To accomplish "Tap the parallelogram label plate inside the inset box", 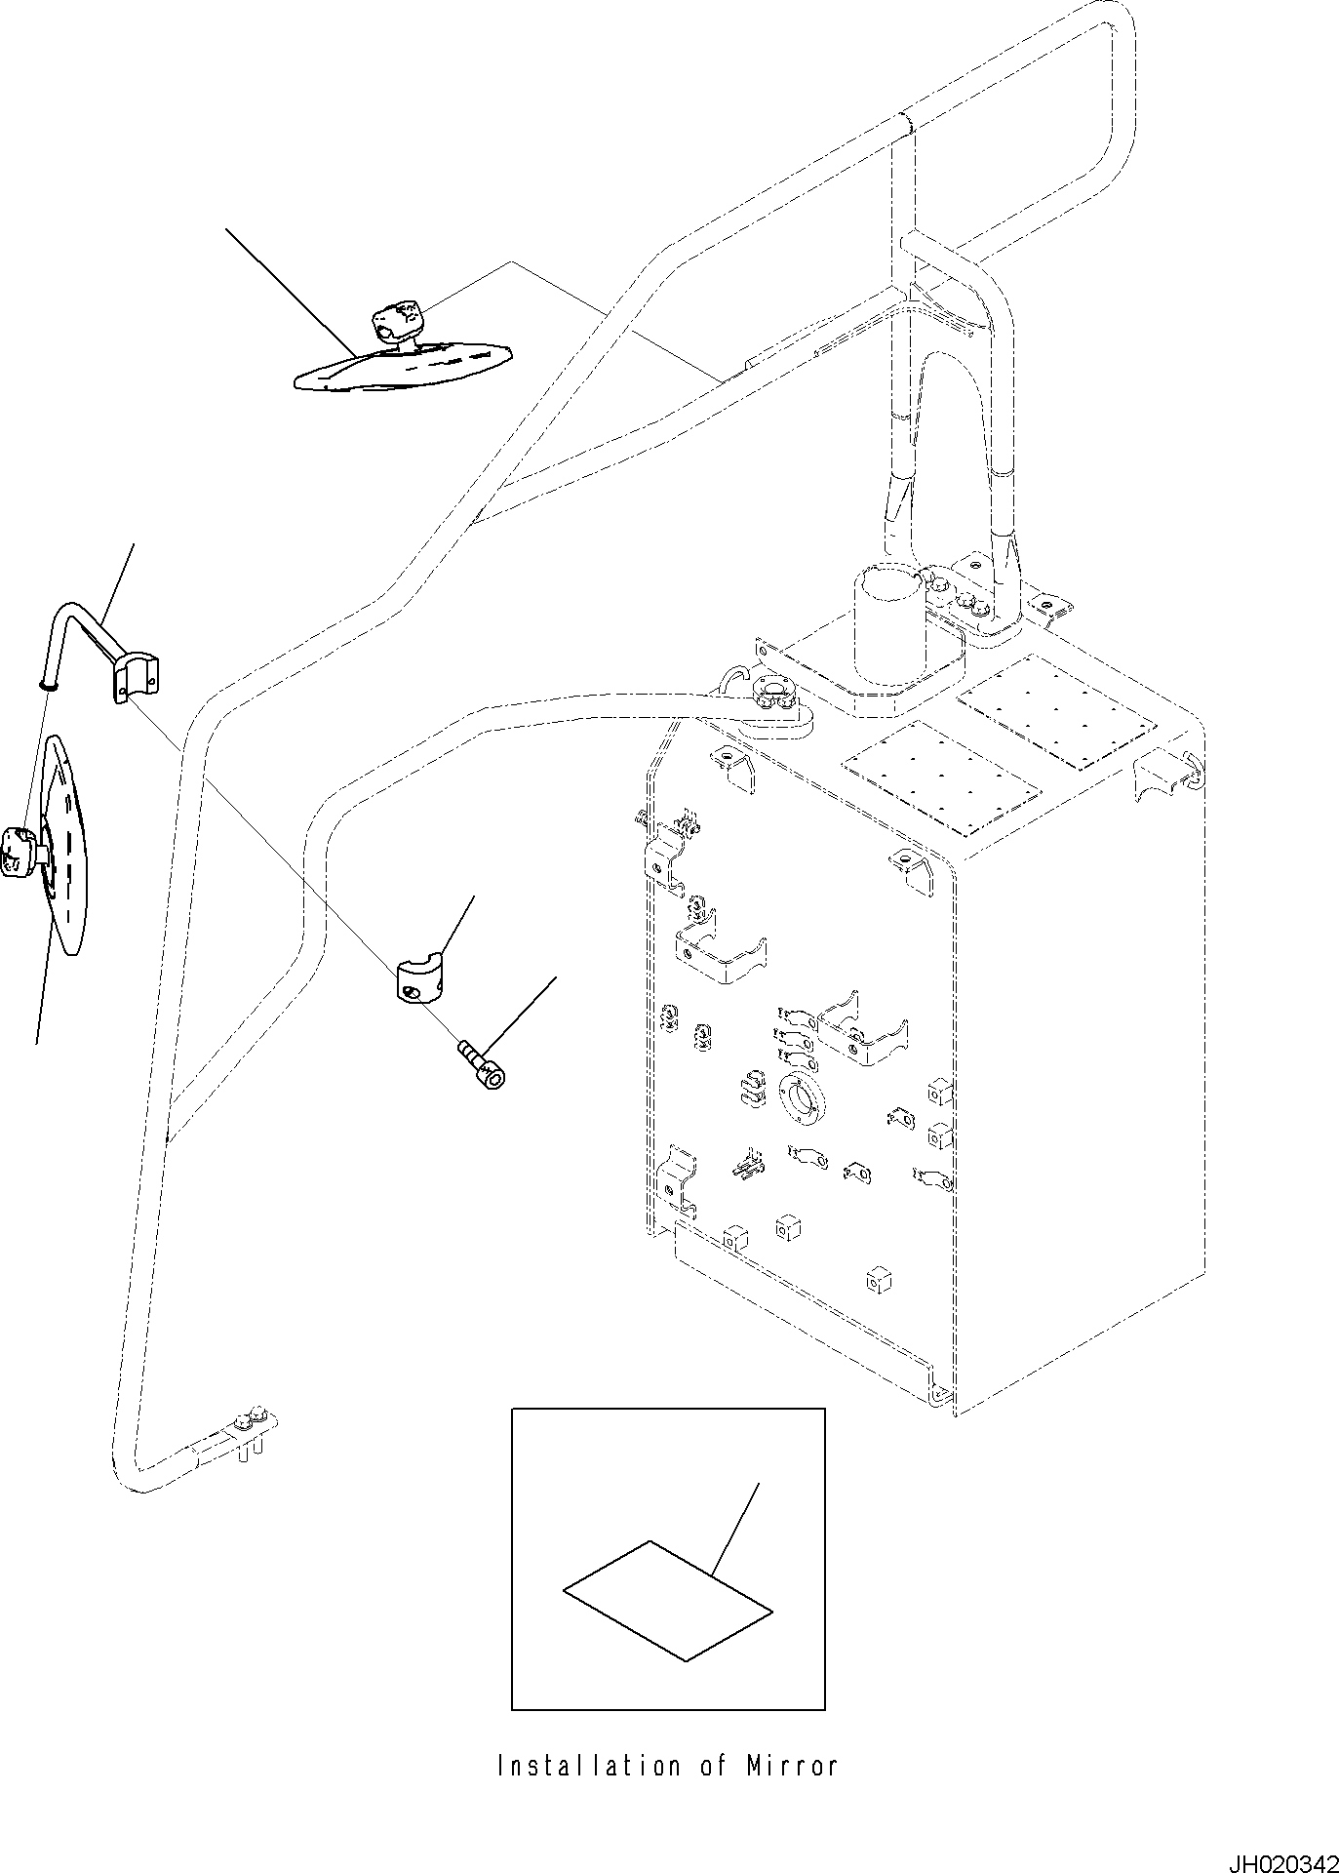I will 668,1600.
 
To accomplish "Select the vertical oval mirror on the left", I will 66,845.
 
